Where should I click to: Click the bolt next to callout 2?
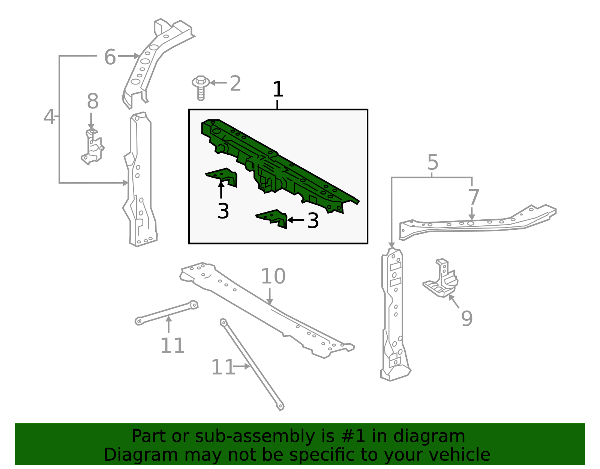(201, 88)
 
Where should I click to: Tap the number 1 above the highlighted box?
(278, 89)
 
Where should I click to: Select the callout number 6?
(110, 57)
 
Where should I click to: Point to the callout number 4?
(49, 116)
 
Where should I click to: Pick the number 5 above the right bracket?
(432, 163)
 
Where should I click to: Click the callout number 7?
(474, 197)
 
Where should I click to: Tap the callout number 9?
(467, 319)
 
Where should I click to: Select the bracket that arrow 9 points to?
(440, 278)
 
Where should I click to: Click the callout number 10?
(273, 276)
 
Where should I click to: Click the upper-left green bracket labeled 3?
(222, 177)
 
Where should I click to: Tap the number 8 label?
(93, 101)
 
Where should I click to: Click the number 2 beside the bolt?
(235, 83)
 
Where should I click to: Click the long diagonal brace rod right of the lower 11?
(252, 364)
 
